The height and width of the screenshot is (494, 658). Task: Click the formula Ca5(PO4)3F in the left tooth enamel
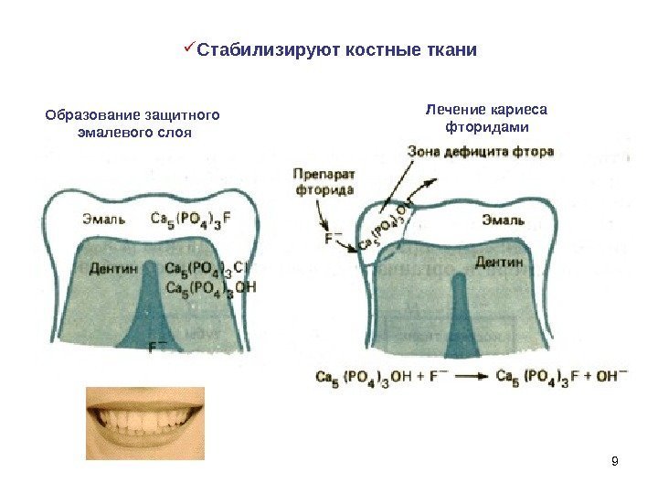click(197, 219)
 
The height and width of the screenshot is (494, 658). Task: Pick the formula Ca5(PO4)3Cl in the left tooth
click(207, 269)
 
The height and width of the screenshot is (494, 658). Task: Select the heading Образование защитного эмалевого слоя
click(133, 123)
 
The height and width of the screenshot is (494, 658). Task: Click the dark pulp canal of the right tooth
click(459, 311)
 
